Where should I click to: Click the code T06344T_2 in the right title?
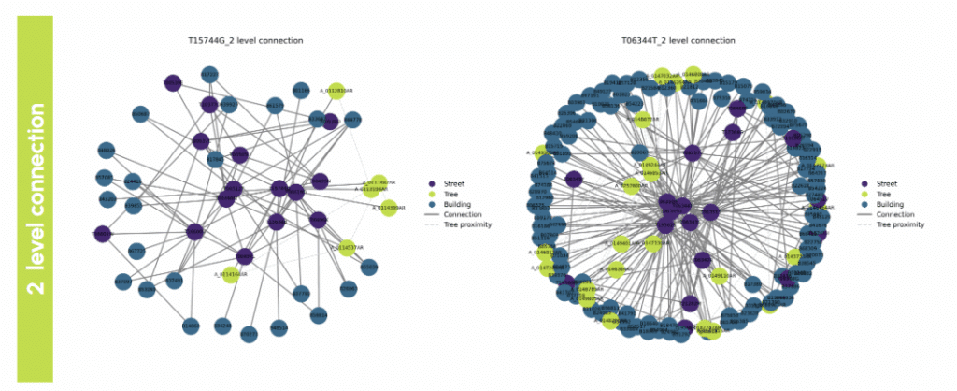[647, 41]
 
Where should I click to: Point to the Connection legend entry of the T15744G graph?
[458, 215]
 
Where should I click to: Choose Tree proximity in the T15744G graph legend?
[464, 225]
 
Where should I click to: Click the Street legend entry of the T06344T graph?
[883, 184]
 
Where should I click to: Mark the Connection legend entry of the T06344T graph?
[892, 215]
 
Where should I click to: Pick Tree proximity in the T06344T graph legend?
[898, 225]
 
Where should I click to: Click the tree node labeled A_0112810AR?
[336, 91]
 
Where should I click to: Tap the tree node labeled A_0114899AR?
[388, 207]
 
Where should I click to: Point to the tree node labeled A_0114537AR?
[348, 248]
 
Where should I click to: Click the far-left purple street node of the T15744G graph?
[101, 234]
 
